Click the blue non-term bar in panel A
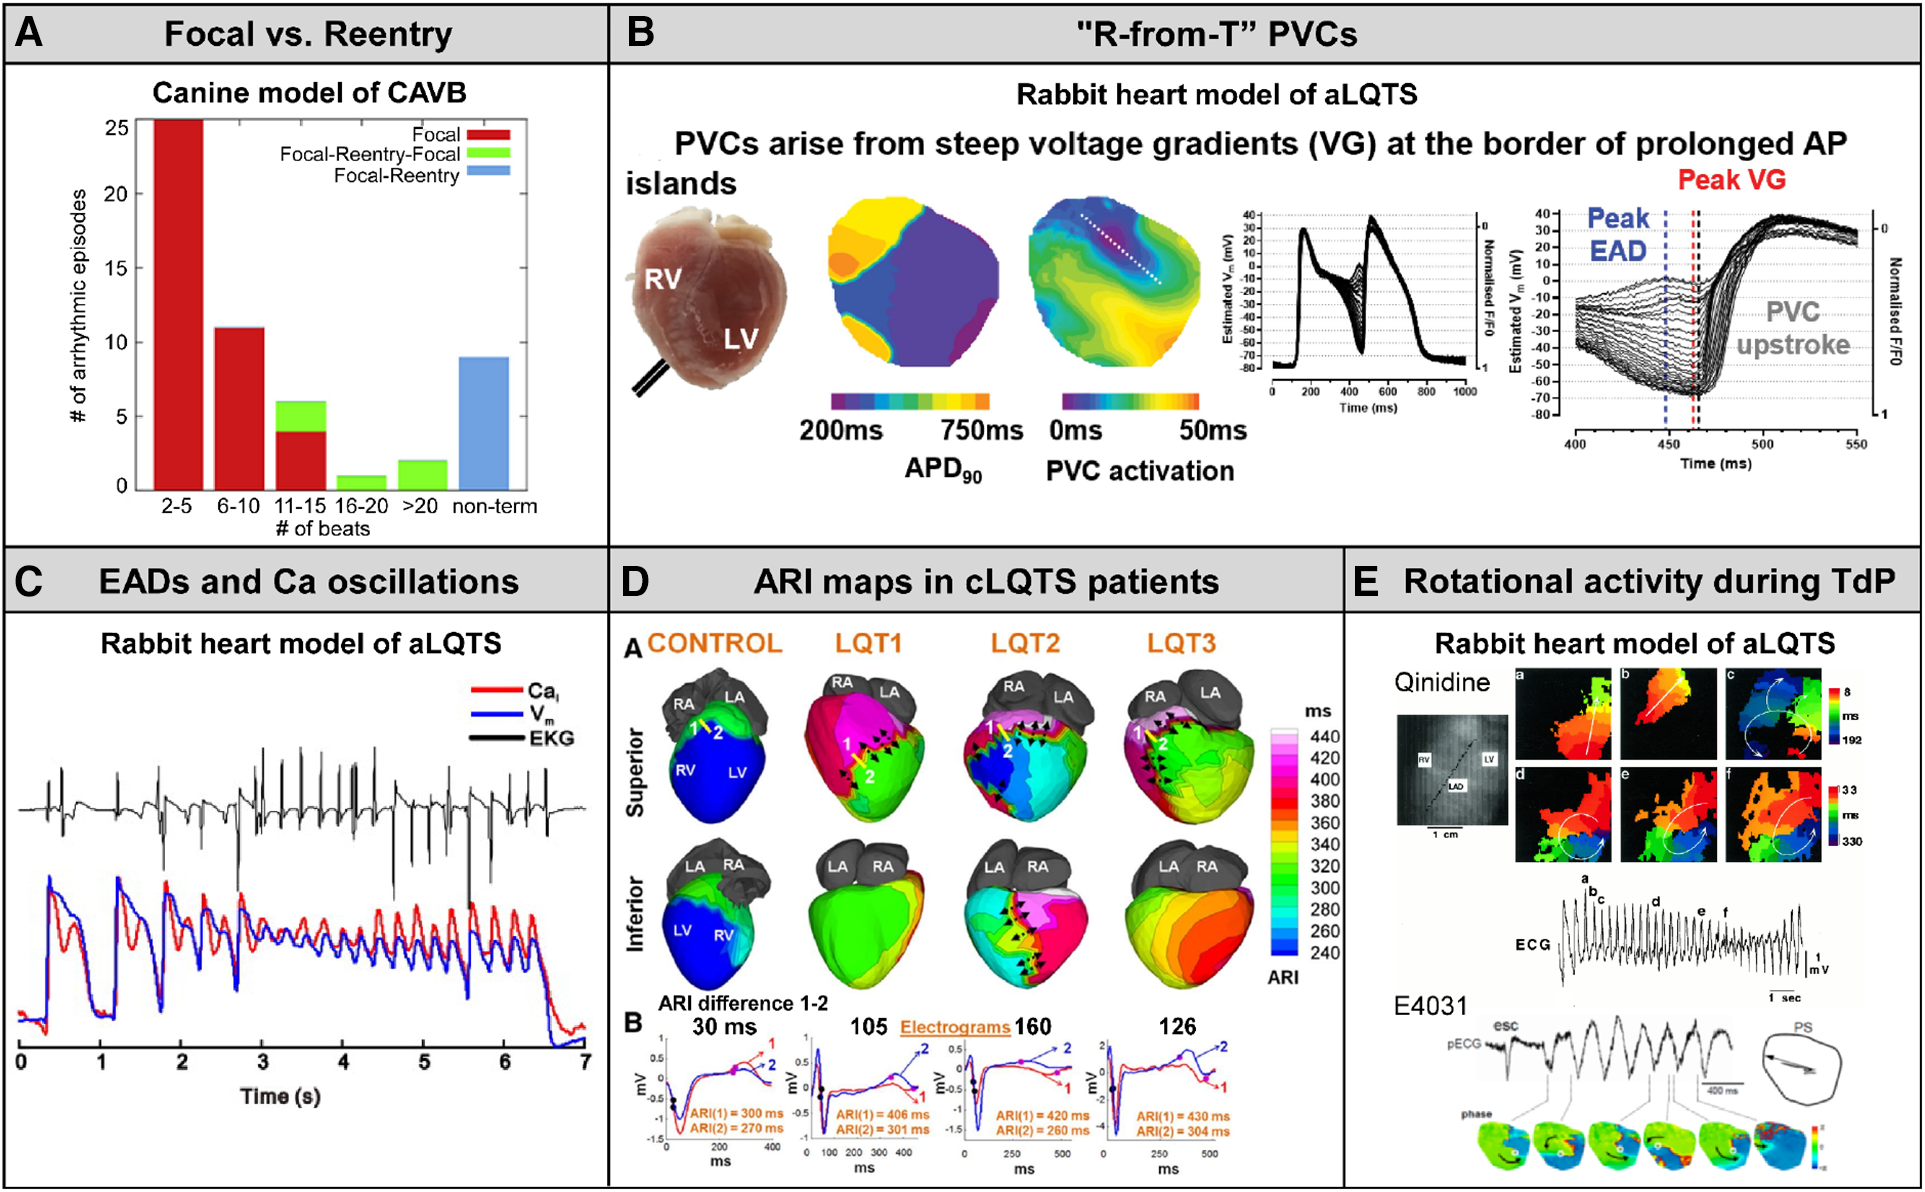483,423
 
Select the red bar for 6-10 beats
239,408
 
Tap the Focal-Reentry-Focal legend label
369,154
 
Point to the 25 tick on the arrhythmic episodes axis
117,128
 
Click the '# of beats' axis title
322,529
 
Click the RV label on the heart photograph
663,279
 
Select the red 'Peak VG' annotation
1731,180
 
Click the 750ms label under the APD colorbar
981,430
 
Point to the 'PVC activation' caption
1139,471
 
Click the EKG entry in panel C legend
551,739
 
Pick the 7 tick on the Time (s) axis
585,1061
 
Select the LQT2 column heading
1025,643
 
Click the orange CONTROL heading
714,643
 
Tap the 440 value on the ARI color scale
1325,737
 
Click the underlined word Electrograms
954,1027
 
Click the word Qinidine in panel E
1442,683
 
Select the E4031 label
1431,1006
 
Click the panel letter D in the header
637,581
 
